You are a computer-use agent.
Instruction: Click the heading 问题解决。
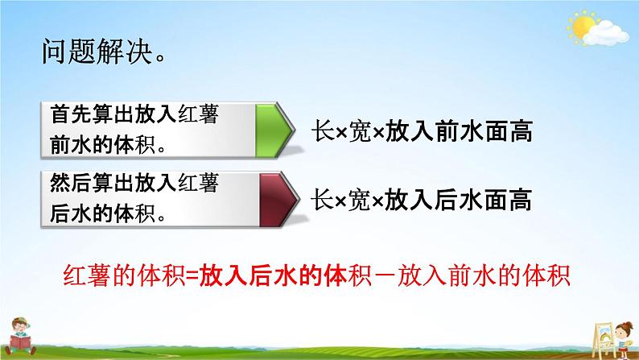pyautogui.click(x=105, y=52)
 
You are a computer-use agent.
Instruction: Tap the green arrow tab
pyautogui.click(x=274, y=130)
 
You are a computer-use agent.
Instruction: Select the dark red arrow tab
pyautogui.click(x=278, y=200)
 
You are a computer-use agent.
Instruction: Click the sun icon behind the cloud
pyautogui.click(x=582, y=26)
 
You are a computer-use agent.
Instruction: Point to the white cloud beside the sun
pyautogui.click(x=605, y=34)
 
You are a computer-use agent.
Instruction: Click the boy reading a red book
pyautogui.click(x=20, y=336)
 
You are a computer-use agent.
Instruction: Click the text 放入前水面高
pyautogui.click(x=459, y=132)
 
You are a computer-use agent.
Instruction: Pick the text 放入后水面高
pyautogui.click(x=458, y=201)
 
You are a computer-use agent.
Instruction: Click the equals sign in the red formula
pyautogui.click(x=192, y=276)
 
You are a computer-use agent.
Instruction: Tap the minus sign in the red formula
pyautogui.click(x=384, y=276)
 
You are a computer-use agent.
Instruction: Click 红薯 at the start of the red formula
pyautogui.click(x=87, y=276)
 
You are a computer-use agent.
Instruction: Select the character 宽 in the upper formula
pyautogui.click(x=361, y=132)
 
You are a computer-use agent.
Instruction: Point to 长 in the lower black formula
pyautogui.click(x=323, y=201)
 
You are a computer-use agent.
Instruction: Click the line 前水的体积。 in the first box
pyautogui.click(x=108, y=145)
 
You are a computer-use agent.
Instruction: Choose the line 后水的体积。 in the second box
pyautogui.click(x=108, y=213)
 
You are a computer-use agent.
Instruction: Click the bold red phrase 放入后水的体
pyautogui.click(x=273, y=276)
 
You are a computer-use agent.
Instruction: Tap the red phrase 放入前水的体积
pyautogui.click(x=484, y=276)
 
